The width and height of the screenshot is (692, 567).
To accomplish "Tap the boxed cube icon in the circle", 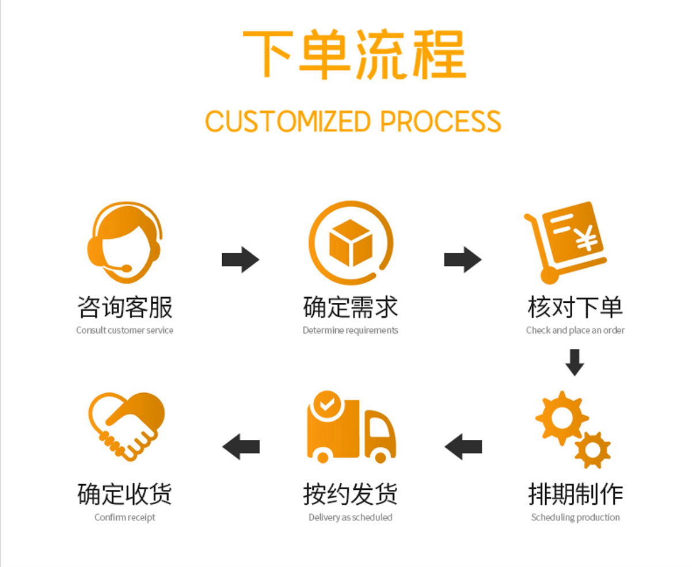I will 350,242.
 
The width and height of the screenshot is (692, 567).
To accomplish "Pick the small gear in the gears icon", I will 592,449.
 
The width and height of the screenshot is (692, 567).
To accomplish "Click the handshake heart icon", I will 126,426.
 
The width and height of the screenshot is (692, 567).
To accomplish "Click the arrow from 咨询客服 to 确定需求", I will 241,260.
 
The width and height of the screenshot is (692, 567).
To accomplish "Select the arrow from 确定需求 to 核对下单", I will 462,260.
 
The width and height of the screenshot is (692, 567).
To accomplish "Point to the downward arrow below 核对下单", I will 575,362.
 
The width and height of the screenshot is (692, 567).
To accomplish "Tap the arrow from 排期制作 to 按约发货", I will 463,446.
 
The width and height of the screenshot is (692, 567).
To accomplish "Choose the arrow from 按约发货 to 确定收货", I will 241,446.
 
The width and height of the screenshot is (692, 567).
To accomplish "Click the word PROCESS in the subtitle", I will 440,121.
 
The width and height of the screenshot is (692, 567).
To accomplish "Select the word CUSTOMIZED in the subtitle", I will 288,121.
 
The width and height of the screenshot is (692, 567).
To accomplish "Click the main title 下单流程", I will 353,55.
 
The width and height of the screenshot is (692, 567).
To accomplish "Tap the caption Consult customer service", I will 124,330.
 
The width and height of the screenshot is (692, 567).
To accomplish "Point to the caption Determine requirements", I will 350,330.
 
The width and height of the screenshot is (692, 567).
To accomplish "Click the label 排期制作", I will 575,494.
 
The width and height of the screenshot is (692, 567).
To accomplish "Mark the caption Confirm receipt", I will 125,517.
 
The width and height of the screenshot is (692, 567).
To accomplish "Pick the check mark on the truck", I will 326,404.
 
